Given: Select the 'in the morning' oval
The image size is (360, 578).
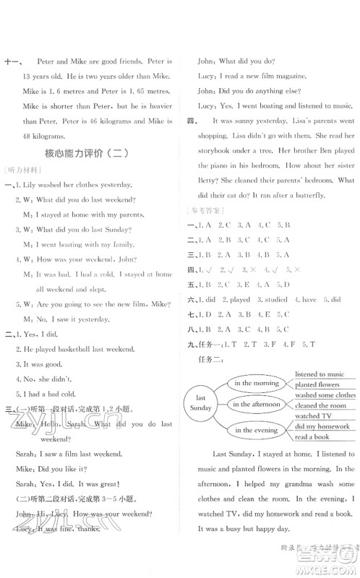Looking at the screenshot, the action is (253, 382).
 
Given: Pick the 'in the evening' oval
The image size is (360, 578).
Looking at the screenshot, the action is (254, 431).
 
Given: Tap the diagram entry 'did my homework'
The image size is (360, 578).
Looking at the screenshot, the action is (323, 426).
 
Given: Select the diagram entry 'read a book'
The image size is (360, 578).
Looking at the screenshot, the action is (312, 437).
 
